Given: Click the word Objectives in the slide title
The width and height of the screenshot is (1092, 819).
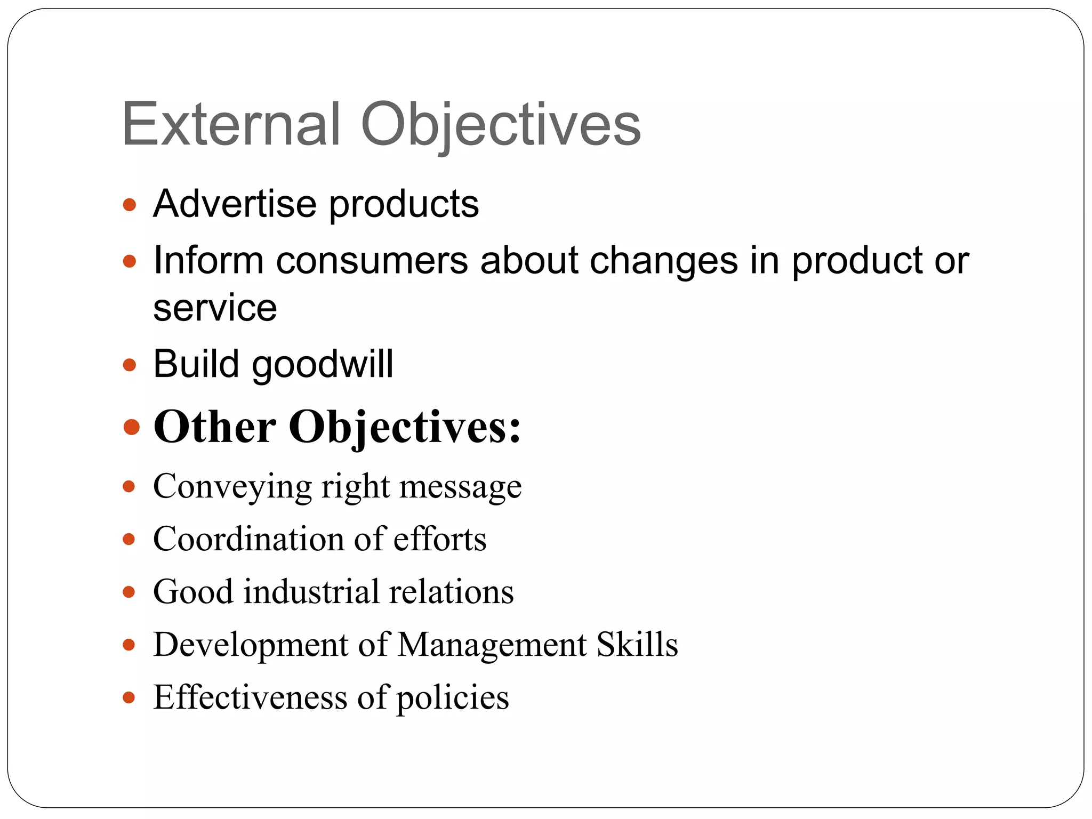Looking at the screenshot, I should tap(501, 126).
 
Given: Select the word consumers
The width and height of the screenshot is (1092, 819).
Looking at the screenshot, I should tap(372, 261).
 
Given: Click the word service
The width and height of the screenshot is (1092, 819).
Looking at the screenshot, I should tap(215, 308).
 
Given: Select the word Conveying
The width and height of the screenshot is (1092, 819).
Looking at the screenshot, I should tap(232, 487).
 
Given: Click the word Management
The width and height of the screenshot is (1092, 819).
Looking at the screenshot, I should tap(492, 645).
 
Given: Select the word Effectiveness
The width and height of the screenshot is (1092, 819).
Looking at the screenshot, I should tap(250, 697).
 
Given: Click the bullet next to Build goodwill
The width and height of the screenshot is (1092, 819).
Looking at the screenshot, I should tap(130, 365).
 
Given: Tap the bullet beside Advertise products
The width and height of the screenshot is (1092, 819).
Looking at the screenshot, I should tap(130, 205).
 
